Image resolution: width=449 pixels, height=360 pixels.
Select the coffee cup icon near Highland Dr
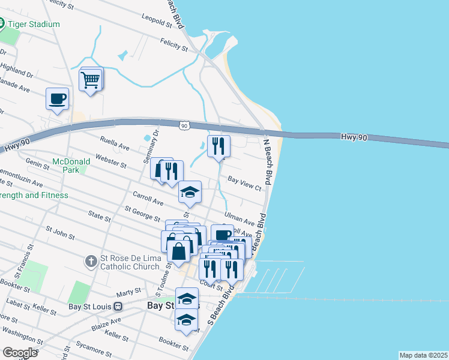(58, 99)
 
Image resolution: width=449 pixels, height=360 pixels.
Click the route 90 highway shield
(184, 125)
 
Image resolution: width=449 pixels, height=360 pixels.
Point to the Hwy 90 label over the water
(353, 137)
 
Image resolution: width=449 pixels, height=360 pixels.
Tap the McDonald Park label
(71, 166)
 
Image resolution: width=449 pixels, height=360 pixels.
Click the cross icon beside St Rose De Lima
(91, 261)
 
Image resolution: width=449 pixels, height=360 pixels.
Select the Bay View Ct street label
(245, 184)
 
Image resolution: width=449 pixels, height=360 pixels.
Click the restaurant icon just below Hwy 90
(218, 146)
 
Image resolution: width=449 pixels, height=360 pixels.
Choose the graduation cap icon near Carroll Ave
(190, 192)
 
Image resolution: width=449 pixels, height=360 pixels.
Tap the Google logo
(20, 352)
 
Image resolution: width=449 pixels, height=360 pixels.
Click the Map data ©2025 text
(423, 355)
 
